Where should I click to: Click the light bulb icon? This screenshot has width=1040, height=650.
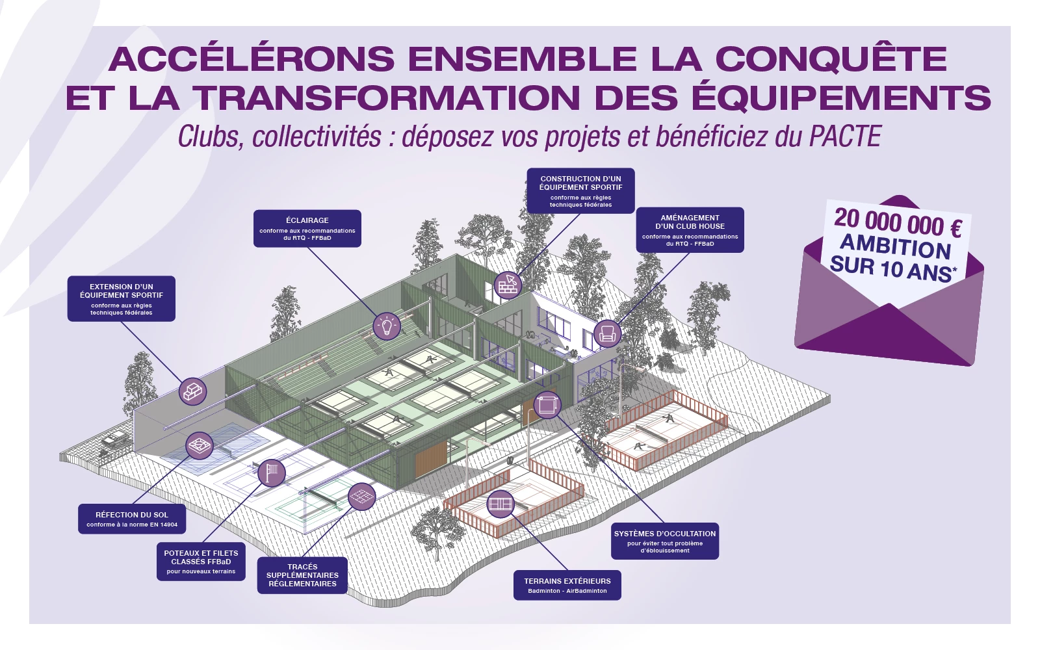click(x=387, y=326)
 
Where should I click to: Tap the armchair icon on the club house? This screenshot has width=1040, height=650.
click(x=607, y=333)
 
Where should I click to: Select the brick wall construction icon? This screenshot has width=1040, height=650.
click(x=508, y=285)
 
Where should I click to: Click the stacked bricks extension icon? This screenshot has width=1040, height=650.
click(x=192, y=391)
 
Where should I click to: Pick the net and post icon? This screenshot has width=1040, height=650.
click(x=272, y=473)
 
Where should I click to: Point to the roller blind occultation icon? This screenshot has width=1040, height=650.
click(x=547, y=405)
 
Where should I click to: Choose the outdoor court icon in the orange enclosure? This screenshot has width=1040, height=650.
click(x=500, y=504)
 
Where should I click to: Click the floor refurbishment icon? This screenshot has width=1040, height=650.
click(x=200, y=446)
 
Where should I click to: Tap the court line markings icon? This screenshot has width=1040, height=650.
click(x=361, y=497)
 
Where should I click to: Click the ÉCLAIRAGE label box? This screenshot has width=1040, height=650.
click(x=307, y=228)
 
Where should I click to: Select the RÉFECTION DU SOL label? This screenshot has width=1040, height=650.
click(x=132, y=519)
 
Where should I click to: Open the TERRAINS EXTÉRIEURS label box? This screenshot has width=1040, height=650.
click(x=567, y=585)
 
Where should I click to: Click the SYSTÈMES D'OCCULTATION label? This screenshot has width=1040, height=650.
click(x=665, y=541)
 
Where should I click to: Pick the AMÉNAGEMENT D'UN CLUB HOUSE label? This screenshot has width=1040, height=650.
click(x=690, y=230)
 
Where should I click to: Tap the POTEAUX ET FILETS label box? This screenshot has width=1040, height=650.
click(x=201, y=562)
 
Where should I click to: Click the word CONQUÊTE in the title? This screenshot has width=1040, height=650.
click(x=831, y=59)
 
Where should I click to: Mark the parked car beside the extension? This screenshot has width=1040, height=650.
click(x=114, y=438)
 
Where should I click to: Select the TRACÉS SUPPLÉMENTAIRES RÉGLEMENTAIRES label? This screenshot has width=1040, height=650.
click(x=302, y=575)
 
